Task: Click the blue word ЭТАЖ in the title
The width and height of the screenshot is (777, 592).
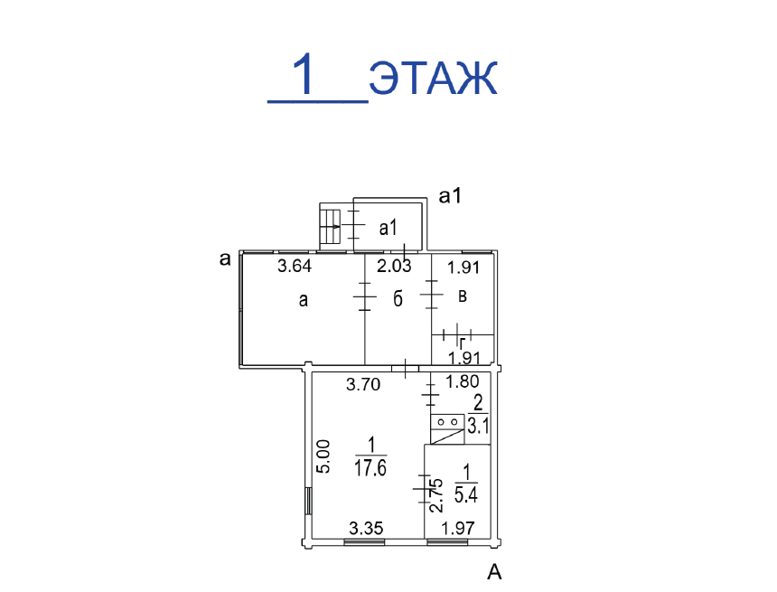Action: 434,78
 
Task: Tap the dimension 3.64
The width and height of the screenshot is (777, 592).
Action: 295,267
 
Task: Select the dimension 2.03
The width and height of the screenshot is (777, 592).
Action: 394,267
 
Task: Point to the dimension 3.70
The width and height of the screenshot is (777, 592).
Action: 363,384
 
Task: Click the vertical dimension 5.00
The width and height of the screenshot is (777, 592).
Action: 323,456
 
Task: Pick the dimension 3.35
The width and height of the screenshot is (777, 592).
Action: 366,529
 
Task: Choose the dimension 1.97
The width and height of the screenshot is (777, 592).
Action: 458,529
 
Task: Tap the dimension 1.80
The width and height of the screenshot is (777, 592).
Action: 463,381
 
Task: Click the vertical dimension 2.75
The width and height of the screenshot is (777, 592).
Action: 436,494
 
